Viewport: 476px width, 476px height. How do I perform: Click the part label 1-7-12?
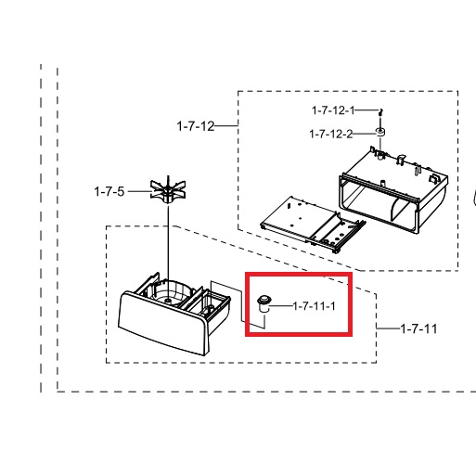click(196, 126)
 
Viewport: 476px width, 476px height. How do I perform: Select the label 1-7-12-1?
click(333, 110)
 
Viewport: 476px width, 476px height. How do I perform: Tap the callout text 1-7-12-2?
click(330, 134)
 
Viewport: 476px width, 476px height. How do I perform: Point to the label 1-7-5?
click(109, 191)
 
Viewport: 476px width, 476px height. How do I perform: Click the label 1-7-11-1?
click(314, 306)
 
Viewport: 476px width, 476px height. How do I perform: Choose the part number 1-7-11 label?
click(418, 328)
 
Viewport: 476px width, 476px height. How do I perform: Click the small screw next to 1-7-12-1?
click(380, 112)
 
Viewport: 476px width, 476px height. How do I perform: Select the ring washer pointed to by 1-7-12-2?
click(380, 132)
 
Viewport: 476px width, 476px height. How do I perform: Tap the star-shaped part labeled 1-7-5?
click(168, 189)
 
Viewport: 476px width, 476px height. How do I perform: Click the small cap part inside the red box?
click(264, 303)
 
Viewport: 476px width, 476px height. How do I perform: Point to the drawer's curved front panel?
click(162, 323)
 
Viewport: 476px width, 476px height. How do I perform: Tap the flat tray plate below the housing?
click(313, 225)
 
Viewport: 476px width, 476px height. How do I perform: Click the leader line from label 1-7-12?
click(226, 125)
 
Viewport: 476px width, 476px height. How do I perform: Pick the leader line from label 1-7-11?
click(388, 328)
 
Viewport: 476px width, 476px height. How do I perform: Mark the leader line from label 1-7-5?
click(139, 191)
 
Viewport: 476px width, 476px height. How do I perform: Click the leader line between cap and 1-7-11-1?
click(280, 306)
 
